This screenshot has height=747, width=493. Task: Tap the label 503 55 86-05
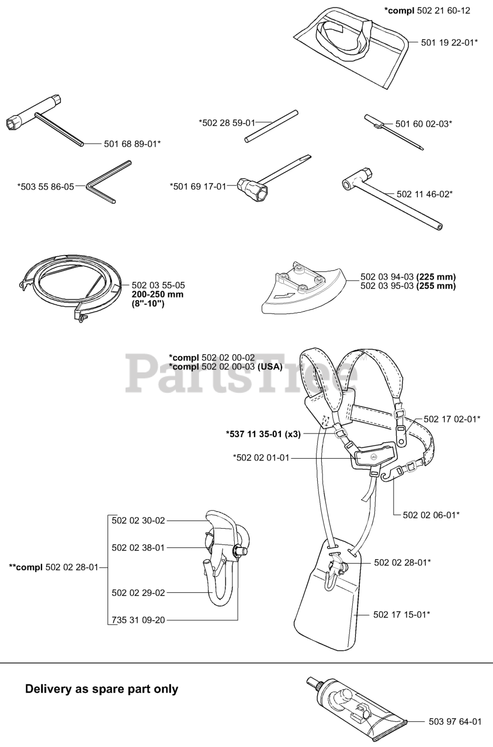[46, 187]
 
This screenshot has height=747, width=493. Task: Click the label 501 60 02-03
[423, 124]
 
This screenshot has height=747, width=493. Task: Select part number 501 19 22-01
[449, 42]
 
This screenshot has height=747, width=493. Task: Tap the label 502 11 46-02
[424, 194]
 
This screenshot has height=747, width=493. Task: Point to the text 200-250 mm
[157, 295]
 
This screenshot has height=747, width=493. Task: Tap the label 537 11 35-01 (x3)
[263, 434]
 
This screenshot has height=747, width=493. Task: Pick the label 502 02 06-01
[431, 514]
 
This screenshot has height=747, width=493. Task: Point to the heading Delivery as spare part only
[102, 689]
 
